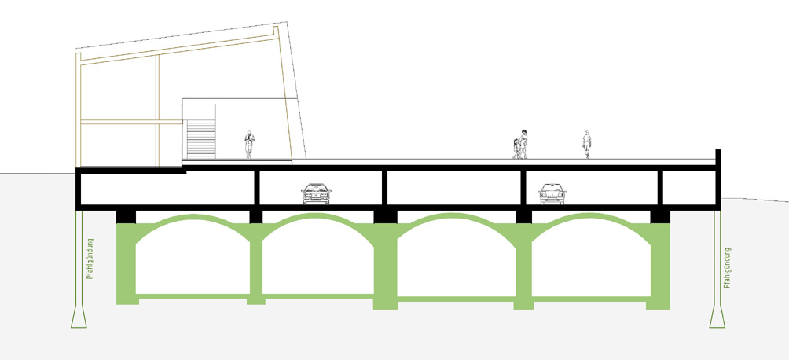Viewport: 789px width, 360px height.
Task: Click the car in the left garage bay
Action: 316,194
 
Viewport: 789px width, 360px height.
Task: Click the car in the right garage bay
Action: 552,194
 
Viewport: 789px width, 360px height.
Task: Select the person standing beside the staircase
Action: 250,145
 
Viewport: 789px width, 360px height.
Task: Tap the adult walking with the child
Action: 523,144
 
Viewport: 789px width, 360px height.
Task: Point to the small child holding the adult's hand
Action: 516,149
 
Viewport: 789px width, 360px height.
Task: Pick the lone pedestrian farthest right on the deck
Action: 587,145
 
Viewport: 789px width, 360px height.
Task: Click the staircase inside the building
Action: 200,139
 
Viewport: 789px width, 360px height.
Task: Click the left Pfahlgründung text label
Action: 90,259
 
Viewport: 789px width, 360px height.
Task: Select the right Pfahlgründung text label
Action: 727,268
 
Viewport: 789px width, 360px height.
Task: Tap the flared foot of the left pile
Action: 79,317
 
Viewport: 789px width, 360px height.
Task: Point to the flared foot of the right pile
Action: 717,317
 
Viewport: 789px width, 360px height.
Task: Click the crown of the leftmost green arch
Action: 193,217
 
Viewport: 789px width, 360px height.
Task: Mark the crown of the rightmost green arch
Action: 591,216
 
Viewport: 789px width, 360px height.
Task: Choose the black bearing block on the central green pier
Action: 385,216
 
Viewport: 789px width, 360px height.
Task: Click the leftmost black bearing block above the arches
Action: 126,216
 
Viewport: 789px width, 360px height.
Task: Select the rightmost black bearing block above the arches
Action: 660,216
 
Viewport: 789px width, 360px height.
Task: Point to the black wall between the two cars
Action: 385,188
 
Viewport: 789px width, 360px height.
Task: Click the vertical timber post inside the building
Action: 157,111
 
